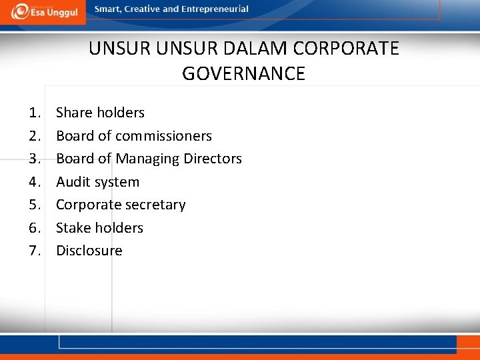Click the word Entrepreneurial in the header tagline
(x=215, y=9)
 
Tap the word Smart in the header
(x=108, y=9)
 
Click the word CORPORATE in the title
(x=346, y=49)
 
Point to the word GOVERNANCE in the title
(x=243, y=73)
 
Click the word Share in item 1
(x=74, y=113)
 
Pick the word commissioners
(x=163, y=136)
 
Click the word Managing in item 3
(x=148, y=159)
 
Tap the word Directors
(x=213, y=159)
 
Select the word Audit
(x=74, y=182)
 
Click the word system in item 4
(x=118, y=182)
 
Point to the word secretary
(x=155, y=205)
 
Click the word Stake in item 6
(x=73, y=228)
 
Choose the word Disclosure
(x=89, y=251)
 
